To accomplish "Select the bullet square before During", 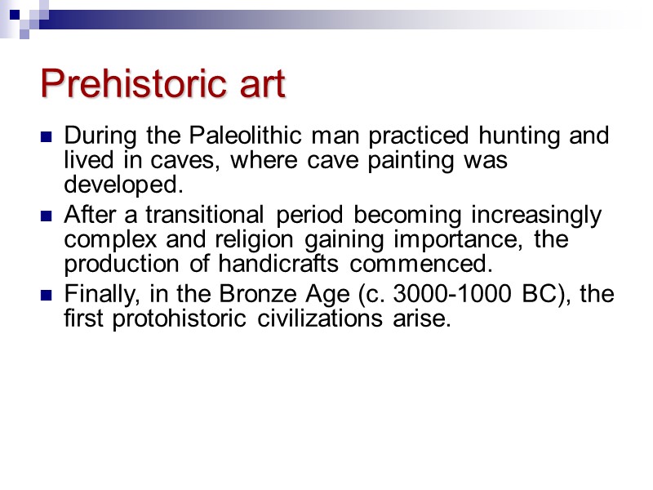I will (46, 136).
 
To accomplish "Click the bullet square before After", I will (46, 217).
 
